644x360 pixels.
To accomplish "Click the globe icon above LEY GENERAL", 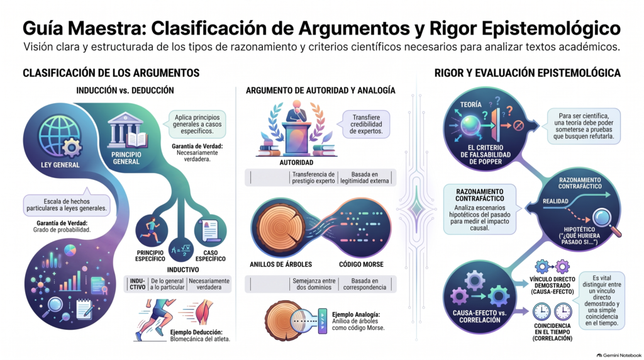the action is click(x=58, y=136).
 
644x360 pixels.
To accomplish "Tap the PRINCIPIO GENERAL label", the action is click(x=126, y=158).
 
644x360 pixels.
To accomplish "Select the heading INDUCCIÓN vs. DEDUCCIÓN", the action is click(x=125, y=91).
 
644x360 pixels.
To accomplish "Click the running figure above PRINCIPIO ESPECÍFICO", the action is click(x=151, y=230).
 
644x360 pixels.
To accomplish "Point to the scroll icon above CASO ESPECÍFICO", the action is click(x=211, y=230).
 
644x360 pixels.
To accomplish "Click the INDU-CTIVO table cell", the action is click(x=138, y=284).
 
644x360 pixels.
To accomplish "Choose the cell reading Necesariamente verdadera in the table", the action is click(x=209, y=284).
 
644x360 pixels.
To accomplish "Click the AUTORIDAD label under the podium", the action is click(x=296, y=163).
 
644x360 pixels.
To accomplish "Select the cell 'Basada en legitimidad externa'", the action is click(x=364, y=177).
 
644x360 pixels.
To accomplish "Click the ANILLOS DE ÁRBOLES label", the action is click(x=281, y=264).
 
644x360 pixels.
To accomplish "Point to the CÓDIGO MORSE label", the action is click(x=361, y=264).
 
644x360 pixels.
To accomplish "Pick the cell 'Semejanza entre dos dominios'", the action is click(x=314, y=284).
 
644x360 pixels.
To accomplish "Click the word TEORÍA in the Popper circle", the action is click(x=470, y=105).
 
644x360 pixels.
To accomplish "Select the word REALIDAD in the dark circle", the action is click(x=555, y=201).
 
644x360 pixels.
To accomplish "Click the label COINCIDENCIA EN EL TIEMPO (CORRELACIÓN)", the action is click(x=552, y=332).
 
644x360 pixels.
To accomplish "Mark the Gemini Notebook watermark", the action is click(x=619, y=355).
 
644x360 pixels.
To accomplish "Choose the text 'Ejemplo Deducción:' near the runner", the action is click(x=196, y=332).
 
